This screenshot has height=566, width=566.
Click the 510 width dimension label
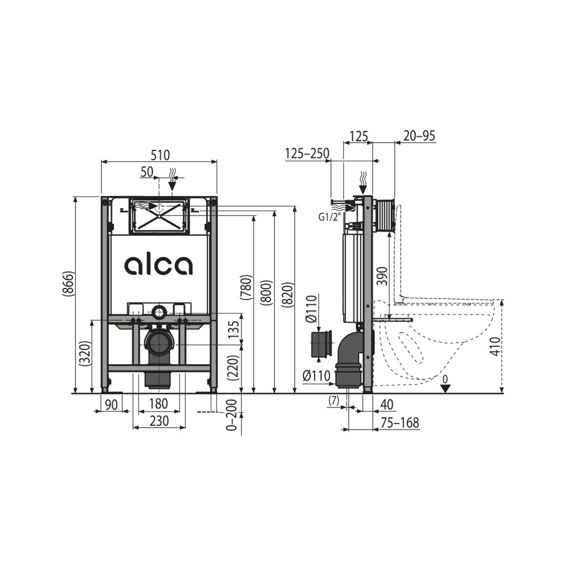(x=160, y=155)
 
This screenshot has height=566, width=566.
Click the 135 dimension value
(x=234, y=329)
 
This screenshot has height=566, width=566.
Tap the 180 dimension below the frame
(x=158, y=403)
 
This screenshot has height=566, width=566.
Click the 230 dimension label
(x=159, y=421)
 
